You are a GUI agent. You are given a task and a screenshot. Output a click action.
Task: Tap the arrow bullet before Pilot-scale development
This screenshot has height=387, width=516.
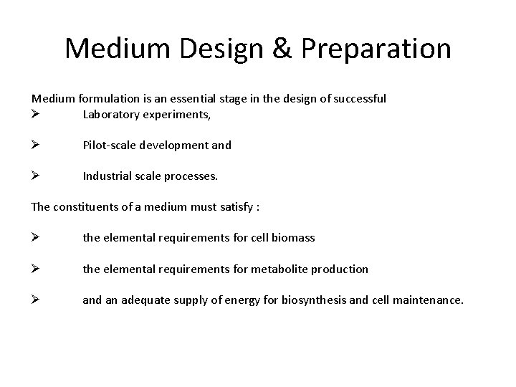pyautogui.click(x=36, y=145)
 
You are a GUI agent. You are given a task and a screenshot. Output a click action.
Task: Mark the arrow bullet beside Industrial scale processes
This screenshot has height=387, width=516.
pyautogui.click(x=36, y=176)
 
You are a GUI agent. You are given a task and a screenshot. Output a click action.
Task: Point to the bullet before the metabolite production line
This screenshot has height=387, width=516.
pyautogui.click(x=36, y=269)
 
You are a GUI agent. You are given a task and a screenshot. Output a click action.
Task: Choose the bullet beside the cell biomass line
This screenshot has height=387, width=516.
pyautogui.click(x=36, y=238)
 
